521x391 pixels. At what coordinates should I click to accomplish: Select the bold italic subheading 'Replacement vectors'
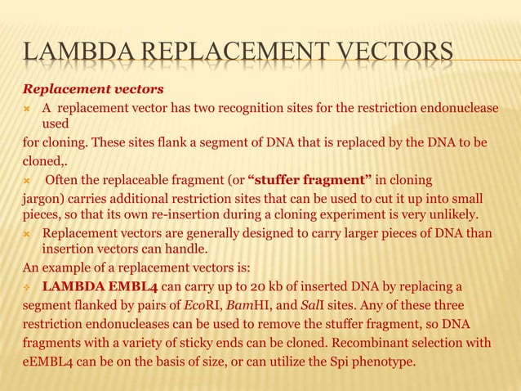[x=92, y=88]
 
